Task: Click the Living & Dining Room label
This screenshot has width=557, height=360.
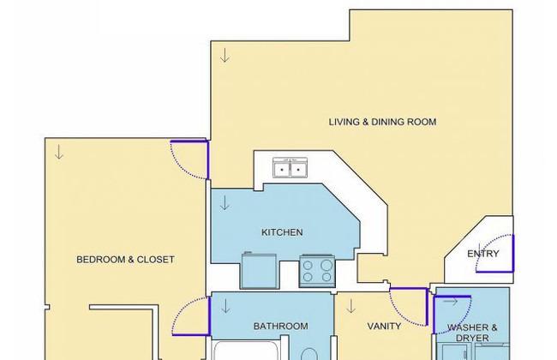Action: click(x=382, y=122)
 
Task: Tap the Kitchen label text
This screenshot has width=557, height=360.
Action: click(x=282, y=232)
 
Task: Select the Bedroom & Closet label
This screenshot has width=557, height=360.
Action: click(x=125, y=260)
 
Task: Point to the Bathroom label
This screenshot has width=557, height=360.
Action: click(x=280, y=327)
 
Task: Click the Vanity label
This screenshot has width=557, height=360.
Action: click(x=384, y=327)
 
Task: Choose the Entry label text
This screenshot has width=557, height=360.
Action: click(x=483, y=254)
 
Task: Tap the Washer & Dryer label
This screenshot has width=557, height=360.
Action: click(x=472, y=333)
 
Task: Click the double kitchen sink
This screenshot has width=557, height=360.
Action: click(x=290, y=167)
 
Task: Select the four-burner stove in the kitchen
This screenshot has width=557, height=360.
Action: click(x=317, y=271)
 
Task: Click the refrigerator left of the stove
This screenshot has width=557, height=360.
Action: click(x=259, y=270)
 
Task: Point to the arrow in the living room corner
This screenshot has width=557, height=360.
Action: click(x=225, y=56)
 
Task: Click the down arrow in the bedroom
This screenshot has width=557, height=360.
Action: click(x=59, y=153)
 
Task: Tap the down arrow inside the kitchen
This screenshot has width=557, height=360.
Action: click(x=225, y=203)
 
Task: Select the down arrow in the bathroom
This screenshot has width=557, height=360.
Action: click(x=226, y=307)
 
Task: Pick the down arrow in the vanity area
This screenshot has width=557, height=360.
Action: click(x=351, y=306)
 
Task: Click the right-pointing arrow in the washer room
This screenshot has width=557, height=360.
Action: click(x=451, y=302)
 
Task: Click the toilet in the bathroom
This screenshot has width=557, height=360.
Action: click(x=308, y=354)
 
